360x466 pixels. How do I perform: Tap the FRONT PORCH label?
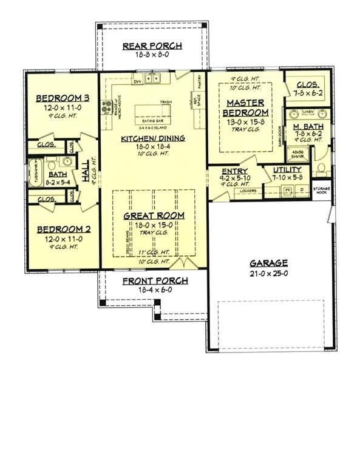[x=155, y=281]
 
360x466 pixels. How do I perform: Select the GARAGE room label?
[x=268, y=263]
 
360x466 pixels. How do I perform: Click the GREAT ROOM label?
[x=154, y=215]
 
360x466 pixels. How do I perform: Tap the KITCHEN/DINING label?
[x=153, y=138]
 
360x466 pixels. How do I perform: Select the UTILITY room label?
[x=287, y=170]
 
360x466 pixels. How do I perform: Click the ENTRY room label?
[x=234, y=172]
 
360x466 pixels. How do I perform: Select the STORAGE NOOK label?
[x=322, y=190]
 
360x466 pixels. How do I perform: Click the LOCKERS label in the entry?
[x=249, y=191]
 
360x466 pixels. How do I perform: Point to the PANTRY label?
[x=199, y=81]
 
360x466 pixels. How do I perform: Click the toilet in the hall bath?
[x=52, y=164]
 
